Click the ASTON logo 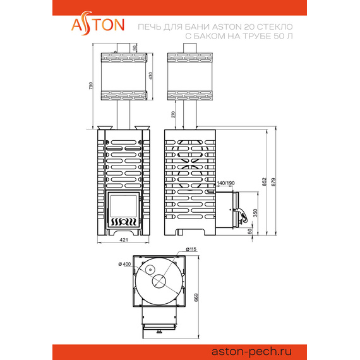coord(98,23)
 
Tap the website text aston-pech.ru coord(251,352)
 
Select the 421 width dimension coord(124,240)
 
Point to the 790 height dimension coord(91,86)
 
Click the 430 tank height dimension coord(150,76)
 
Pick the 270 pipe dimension coord(173,114)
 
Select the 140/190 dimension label coord(225,183)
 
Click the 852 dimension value coord(265,182)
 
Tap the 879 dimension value coord(273,182)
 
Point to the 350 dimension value coord(255,213)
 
